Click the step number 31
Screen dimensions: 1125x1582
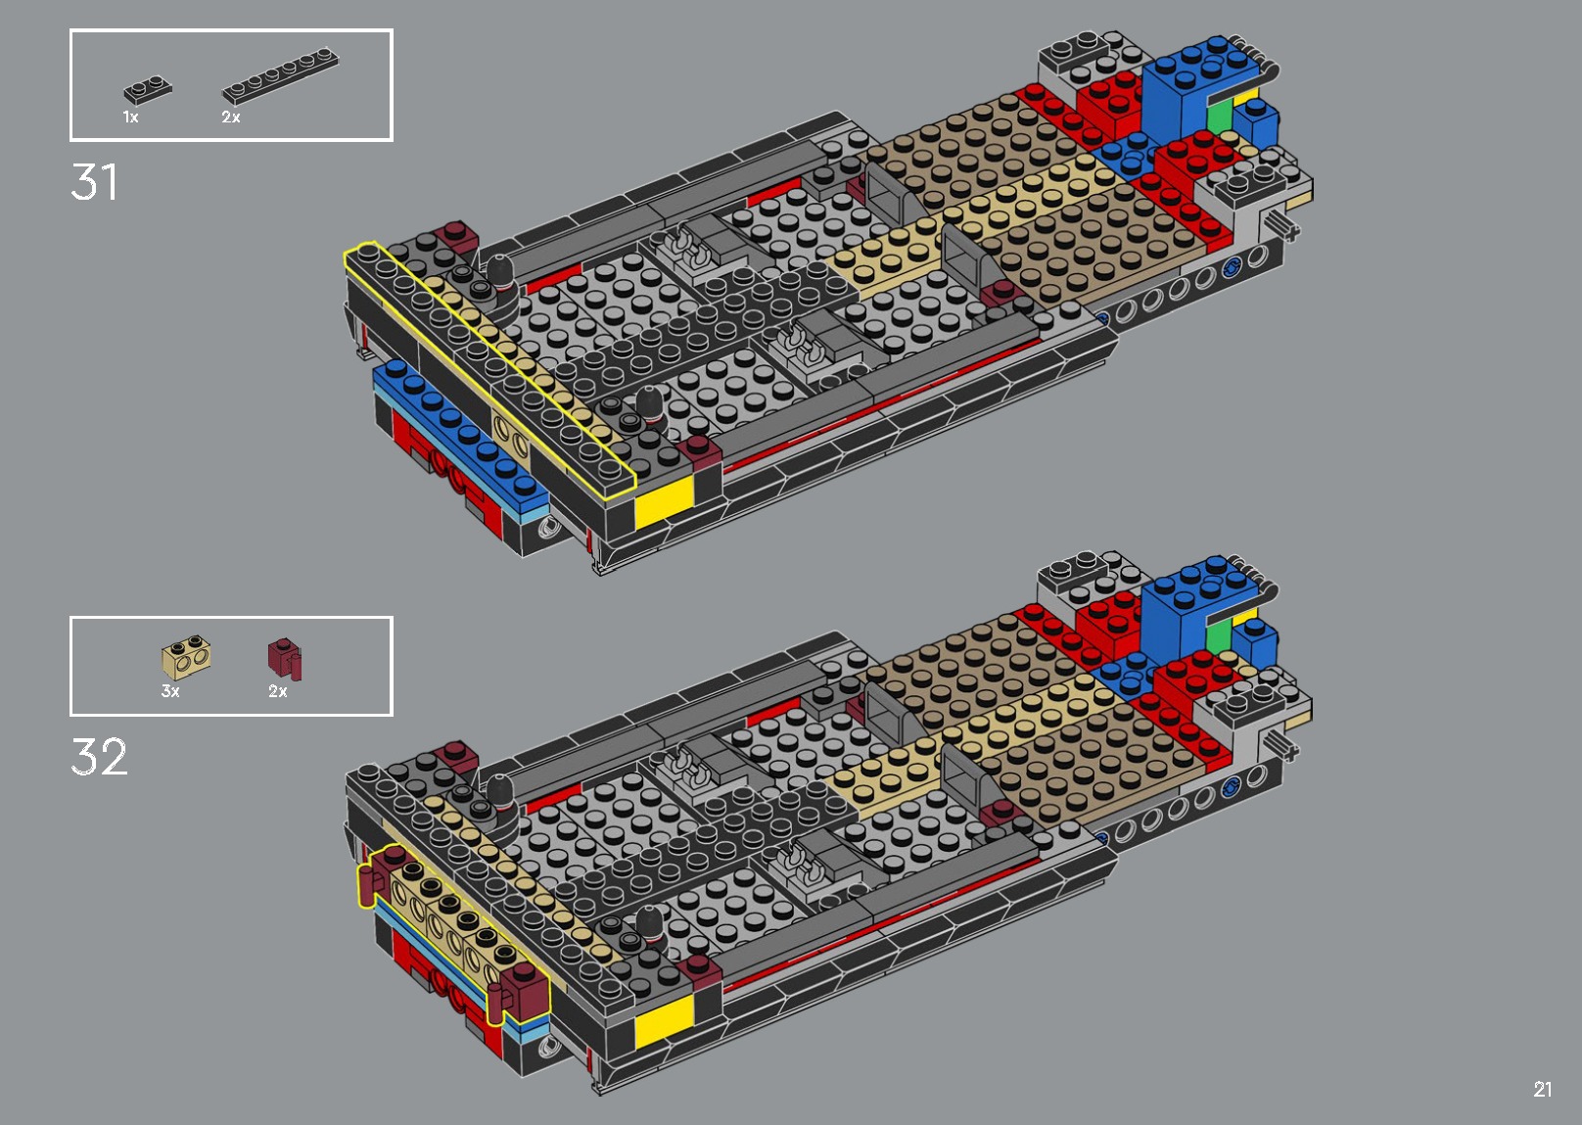coord(94,182)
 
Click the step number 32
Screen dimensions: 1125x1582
coord(99,757)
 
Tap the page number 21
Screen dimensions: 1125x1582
coord(1542,1089)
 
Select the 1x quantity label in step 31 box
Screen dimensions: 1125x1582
coord(130,117)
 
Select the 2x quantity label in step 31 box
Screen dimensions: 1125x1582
coord(230,117)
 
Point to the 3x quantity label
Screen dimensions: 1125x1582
coord(170,691)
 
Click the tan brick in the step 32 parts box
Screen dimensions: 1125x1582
coord(186,658)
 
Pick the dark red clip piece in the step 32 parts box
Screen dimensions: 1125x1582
coord(284,658)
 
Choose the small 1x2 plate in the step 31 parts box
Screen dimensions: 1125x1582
coord(148,90)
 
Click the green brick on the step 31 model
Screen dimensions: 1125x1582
coord(1219,117)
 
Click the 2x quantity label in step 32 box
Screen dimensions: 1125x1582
coord(278,691)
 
